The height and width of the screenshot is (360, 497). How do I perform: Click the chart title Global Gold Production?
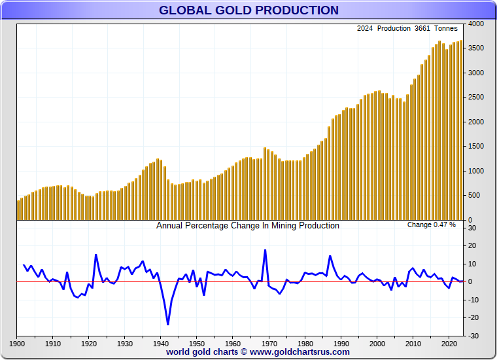pyautogui.click(x=248, y=10)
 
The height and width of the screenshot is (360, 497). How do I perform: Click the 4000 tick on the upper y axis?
pyautogui.click(x=475, y=24)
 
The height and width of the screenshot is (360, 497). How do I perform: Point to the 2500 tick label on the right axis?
pyautogui.click(x=475, y=98)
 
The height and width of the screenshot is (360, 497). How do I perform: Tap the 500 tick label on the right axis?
pyautogui.click(x=475, y=196)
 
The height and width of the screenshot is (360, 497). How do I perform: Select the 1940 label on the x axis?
pyautogui.click(x=160, y=343)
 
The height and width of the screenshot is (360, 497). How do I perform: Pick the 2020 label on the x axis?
pyautogui.click(x=449, y=343)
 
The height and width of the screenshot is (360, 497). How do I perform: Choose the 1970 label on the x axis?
pyautogui.click(x=269, y=343)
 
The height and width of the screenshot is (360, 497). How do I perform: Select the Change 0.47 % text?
pyautogui.click(x=431, y=225)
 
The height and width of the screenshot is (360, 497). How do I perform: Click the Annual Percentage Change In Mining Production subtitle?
pyautogui.click(x=248, y=226)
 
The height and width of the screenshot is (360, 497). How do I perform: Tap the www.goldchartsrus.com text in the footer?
pyautogui.click(x=300, y=352)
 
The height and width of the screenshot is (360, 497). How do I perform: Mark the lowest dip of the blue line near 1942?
pyautogui.click(x=167, y=324)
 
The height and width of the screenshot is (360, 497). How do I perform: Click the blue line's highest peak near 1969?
pyautogui.click(x=265, y=250)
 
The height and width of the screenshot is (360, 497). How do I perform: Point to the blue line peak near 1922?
pyautogui.click(x=95, y=255)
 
